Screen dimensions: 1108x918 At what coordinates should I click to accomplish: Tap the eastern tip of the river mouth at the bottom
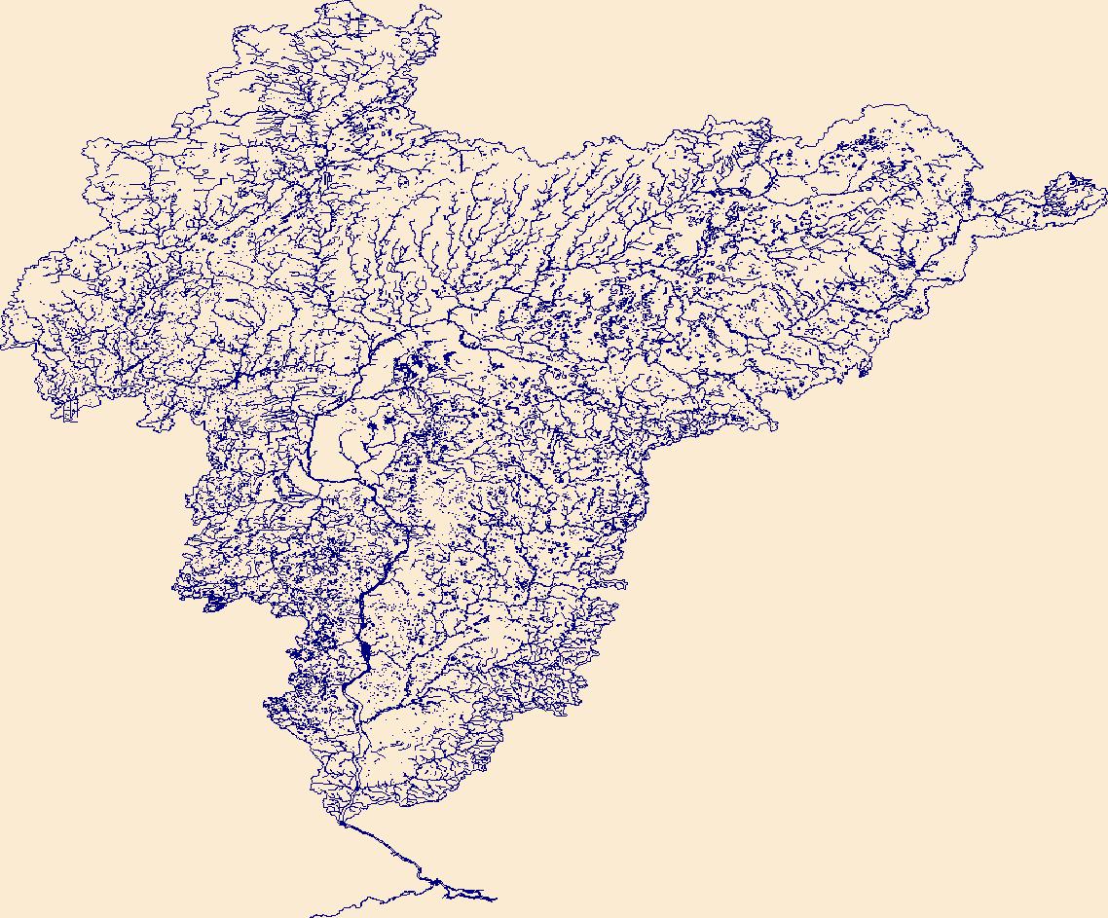496,900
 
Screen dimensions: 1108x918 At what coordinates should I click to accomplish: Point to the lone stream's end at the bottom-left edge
311,916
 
